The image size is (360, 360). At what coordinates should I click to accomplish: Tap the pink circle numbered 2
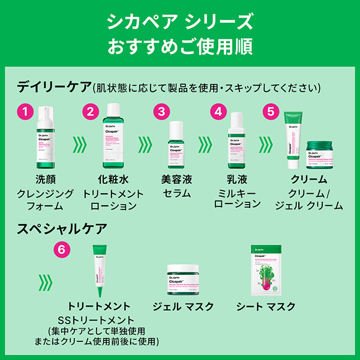click(90, 111)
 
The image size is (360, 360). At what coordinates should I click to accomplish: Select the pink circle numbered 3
click(161, 112)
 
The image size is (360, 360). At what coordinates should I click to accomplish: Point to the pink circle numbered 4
click(219, 112)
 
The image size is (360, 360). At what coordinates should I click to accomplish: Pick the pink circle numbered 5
click(271, 111)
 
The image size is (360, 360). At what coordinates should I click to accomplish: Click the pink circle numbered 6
click(61, 248)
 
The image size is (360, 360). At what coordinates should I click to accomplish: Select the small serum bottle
click(177, 145)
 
